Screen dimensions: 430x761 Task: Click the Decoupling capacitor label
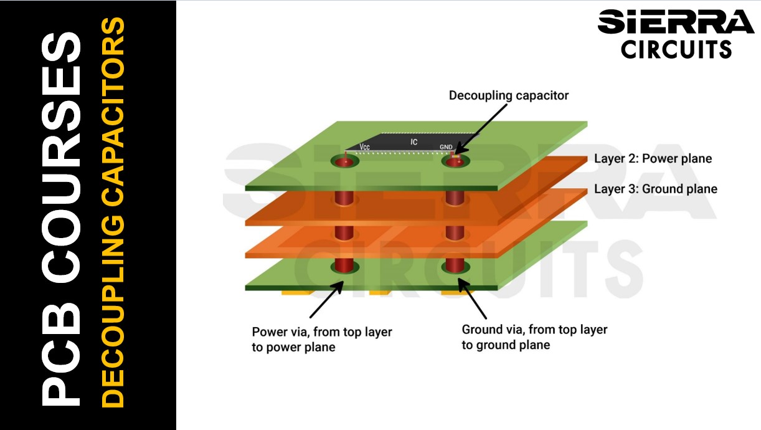[508, 96]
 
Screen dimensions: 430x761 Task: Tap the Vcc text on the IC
[365, 147]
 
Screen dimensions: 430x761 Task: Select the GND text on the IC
[446, 147]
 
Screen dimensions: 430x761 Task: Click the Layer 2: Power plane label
[653, 159]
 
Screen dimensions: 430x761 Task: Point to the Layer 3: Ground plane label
[655, 189]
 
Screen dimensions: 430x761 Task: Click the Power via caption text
[321, 340]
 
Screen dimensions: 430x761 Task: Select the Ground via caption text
[534, 337]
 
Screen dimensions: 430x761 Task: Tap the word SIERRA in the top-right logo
[675, 23]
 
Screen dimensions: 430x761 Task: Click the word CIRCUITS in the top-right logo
[676, 48]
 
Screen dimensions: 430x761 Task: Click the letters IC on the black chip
[414, 142]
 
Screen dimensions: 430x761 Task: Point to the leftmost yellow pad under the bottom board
[296, 291]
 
